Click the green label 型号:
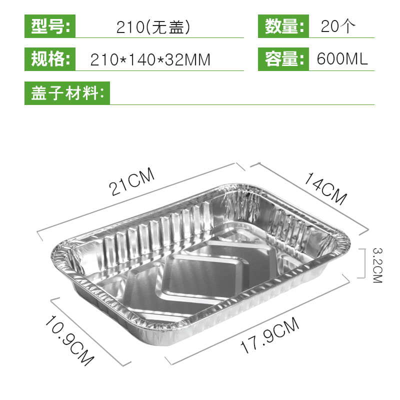[50, 26]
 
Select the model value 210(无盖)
[154, 26]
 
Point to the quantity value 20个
[338, 26]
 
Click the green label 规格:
[50, 59]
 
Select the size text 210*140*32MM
[150, 60]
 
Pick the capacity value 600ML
[342, 60]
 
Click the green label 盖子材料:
[67, 93]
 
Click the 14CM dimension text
[325, 188]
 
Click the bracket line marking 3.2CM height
[361, 263]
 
